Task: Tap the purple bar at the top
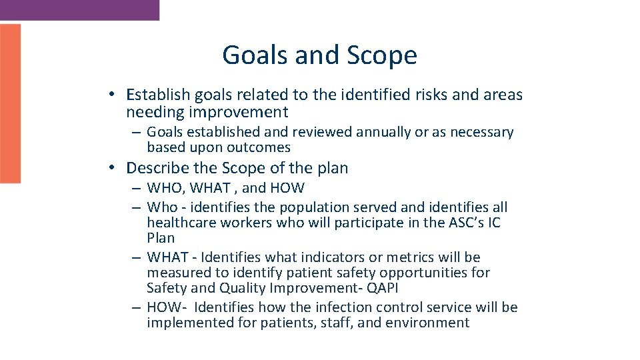pyautogui.click(x=79, y=9)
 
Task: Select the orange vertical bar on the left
pyautogui.click(x=10, y=103)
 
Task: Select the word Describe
pyautogui.click(x=156, y=168)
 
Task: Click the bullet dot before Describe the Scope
pyautogui.click(x=115, y=168)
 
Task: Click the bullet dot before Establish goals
pyautogui.click(x=115, y=95)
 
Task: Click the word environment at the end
pyautogui.click(x=431, y=323)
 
